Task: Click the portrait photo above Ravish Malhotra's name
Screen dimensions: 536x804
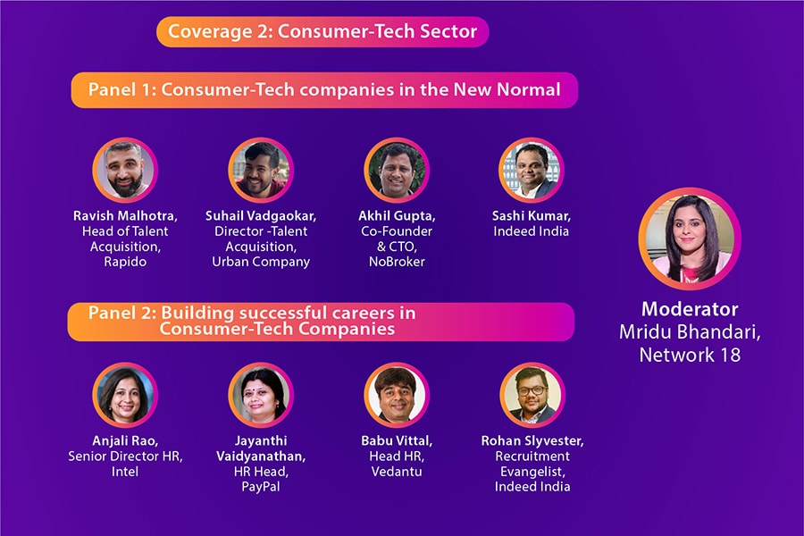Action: (125, 171)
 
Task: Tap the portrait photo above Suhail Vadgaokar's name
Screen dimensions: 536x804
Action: (261, 171)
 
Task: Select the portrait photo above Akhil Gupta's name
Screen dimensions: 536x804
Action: (397, 171)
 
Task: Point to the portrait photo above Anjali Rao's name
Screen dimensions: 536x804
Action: (125, 395)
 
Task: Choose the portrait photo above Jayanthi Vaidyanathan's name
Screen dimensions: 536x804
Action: (261, 395)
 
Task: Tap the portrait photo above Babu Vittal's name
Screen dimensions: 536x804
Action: (397, 395)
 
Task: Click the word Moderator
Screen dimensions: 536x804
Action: (690, 309)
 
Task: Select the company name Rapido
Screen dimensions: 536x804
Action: (125, 262)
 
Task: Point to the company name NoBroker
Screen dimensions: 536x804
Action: (397, 262)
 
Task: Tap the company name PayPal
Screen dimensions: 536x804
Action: (261, 487)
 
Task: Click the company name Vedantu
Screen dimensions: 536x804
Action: (397, 471)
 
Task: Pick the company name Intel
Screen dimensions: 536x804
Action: (125, 471)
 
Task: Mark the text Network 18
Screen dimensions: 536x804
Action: (690, 355)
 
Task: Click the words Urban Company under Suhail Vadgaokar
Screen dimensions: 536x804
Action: (261, 262)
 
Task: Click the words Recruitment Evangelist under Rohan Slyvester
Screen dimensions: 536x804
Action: (532, 463)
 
